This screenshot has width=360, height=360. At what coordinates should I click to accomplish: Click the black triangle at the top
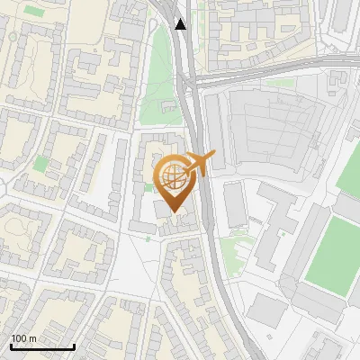[x=182, y=24]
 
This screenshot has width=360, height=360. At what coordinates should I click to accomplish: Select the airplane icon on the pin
[x=200, y=163]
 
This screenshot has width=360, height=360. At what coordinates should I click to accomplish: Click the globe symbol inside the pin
[x=174, y=176]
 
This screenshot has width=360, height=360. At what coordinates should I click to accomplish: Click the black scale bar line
[x=42, y=346]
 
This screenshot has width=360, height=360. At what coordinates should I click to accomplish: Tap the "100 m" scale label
[x=23, y=338]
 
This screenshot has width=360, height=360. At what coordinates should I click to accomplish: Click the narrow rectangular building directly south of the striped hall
[x=235, y=204]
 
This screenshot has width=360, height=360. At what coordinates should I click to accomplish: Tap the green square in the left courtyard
[x=40, y=163]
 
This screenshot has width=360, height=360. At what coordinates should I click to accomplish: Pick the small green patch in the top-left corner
[x=34, y=10]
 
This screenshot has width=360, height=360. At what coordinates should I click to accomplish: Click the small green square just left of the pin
[x=148, y=187]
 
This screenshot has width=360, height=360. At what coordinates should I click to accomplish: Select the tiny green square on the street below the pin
[x=148, y=238]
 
